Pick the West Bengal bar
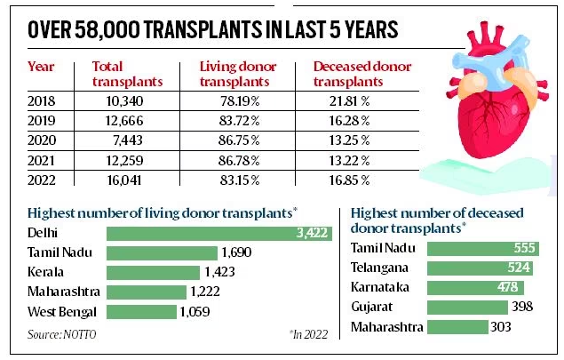(141, 312)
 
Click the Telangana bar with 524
(481, 268)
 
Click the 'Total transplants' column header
(126, 73)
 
